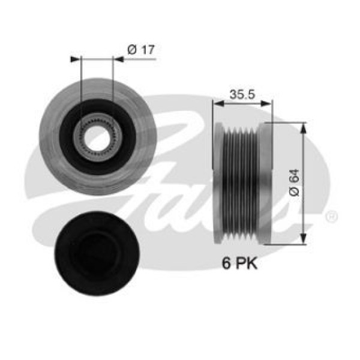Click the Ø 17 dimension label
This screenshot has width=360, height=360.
coord(142,50)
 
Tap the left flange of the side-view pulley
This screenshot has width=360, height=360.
coord(219,180)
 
